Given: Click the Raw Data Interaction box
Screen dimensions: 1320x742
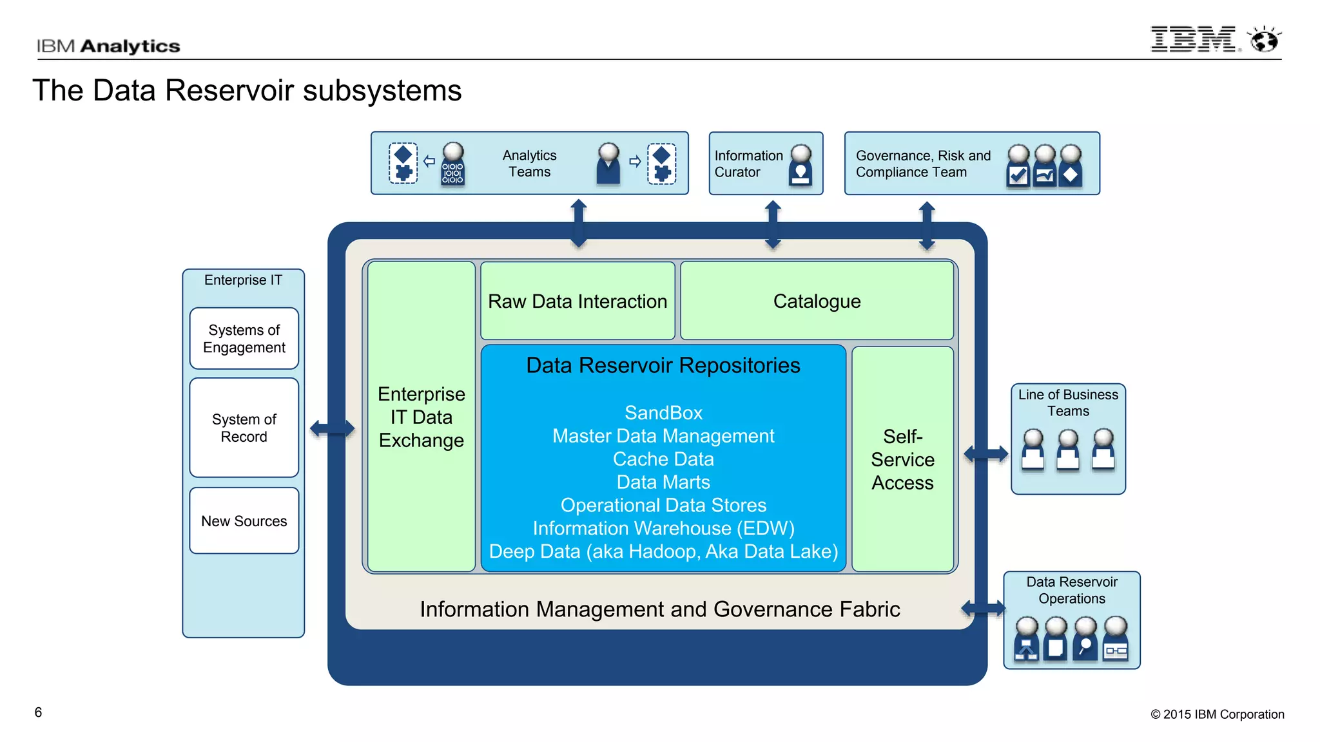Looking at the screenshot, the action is coord(577,301).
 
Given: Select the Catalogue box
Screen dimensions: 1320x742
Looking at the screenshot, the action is coord(817,301).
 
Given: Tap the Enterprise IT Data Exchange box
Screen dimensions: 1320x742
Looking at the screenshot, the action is coord(421,417).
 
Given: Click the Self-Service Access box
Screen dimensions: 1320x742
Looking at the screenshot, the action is coord(902,459).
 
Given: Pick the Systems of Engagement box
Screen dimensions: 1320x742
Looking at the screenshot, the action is coord(244,338).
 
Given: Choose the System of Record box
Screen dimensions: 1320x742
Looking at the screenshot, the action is coord(244,428).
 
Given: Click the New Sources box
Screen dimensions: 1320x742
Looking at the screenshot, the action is coord(244,520).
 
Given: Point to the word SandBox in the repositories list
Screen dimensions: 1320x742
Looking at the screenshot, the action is coord(663,413).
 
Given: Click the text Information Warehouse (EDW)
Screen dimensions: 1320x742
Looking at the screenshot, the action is coord(663,528).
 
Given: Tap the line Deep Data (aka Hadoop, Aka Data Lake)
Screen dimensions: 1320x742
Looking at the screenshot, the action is coord(663,551).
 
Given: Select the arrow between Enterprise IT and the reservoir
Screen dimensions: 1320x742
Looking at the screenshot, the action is coord(332,428).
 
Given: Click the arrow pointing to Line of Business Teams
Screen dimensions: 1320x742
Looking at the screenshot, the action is coord(985,454).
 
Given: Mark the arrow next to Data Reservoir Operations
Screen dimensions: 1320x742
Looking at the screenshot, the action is coord(983,608).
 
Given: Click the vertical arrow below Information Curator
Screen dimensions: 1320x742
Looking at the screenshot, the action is coord(773,225).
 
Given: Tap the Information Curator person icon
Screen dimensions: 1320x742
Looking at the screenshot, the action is coord(801,166).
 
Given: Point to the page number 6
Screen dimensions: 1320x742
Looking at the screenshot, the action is coord(38,712).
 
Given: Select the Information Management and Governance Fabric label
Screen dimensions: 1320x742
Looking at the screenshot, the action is coord(659,609).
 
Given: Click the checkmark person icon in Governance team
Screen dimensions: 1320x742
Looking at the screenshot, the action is coord(1018,167).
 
